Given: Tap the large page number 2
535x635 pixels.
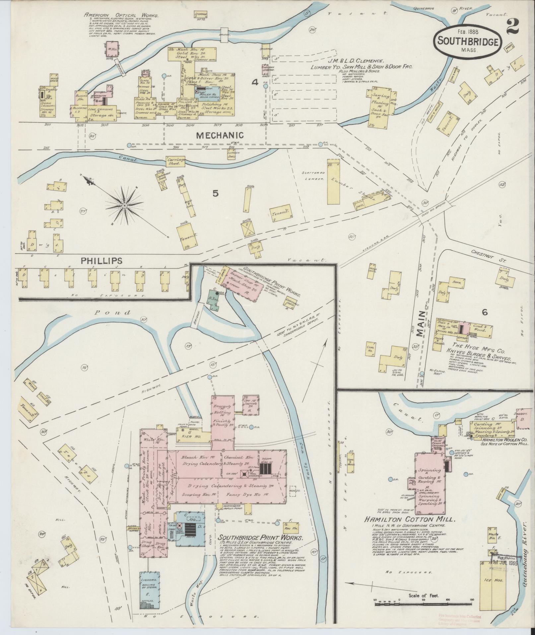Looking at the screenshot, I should click(x=512, y=26).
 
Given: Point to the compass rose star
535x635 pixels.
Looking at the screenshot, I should click(x=124, y=206).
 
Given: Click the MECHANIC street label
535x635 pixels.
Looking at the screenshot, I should click(x=220, y=135).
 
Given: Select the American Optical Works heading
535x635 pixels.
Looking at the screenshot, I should click(x=121, y=15).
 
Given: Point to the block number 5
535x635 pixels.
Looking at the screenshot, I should click(x=216, y=194).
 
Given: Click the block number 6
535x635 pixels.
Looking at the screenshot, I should click(x=485, y=312).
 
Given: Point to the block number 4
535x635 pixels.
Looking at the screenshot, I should click(x=255, y=82).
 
